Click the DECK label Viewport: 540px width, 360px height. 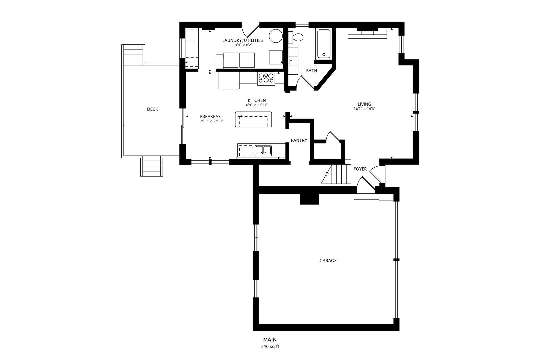[153, 109]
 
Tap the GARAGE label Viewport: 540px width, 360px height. [328, 260]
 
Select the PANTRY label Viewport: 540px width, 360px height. [299, 140]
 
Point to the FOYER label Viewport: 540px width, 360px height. [360, 169]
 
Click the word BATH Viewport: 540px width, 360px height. [311, 71]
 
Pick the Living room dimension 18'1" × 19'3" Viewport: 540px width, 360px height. [364, 109]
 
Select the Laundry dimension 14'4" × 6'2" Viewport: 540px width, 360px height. [242, 45]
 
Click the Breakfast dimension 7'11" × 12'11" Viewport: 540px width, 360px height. [212, 121]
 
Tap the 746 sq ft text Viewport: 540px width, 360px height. [270, 347]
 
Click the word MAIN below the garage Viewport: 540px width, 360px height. [270, 340]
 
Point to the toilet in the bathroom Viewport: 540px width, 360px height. [296, 37]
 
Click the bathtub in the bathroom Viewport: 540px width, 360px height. [324, 44]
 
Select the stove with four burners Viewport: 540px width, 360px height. [266, 79]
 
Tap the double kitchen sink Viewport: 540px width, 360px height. [263, 150]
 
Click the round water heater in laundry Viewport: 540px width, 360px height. [276, 36]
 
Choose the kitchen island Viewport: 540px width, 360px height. [253, 119]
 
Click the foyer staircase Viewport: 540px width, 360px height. [336, 175]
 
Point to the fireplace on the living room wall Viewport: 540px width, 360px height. [367, 33]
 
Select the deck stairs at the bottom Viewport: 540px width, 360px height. [152, 166]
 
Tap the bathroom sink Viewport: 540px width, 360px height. [293, 61]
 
